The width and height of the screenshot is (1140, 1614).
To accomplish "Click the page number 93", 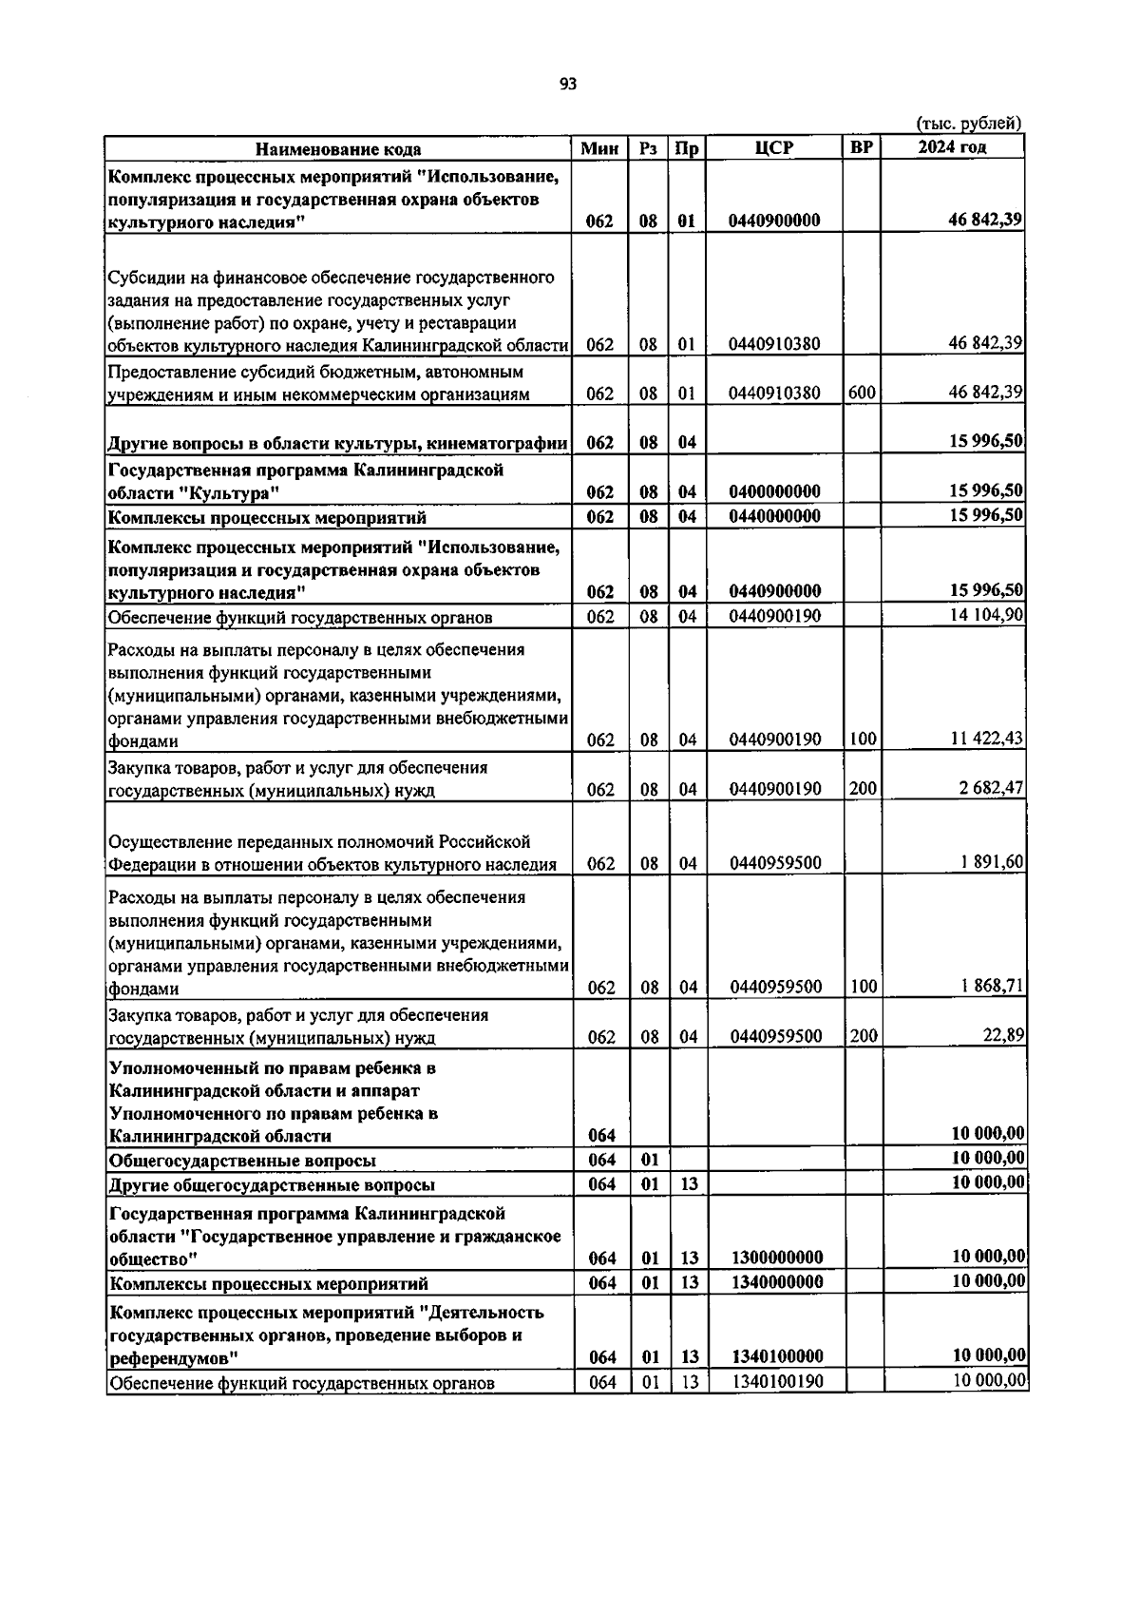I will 568,84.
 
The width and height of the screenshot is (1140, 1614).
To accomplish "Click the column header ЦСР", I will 774,148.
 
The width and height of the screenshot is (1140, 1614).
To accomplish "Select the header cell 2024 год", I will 952,147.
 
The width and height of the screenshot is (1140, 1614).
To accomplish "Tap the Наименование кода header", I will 338,149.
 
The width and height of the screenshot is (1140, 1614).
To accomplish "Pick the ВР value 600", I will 863,393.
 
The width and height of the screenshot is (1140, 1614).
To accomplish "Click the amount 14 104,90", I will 987,615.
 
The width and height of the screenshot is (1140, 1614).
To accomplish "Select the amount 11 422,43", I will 987,739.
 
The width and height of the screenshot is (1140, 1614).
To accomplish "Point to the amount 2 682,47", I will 991,788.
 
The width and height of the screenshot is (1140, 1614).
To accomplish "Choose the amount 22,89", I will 1003,1035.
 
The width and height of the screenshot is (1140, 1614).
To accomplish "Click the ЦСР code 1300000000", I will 778,1258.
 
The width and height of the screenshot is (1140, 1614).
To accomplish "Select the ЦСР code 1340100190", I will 778,1381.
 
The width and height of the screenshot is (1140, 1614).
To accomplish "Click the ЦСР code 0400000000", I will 774,491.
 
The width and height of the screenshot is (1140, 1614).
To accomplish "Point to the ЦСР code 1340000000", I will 778,1282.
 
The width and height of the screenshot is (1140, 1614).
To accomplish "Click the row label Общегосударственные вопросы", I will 242,1161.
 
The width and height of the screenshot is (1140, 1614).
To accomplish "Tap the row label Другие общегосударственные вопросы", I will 272,1185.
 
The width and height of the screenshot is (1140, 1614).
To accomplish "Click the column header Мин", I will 599,148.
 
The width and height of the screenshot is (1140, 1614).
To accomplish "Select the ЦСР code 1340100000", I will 778,1356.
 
